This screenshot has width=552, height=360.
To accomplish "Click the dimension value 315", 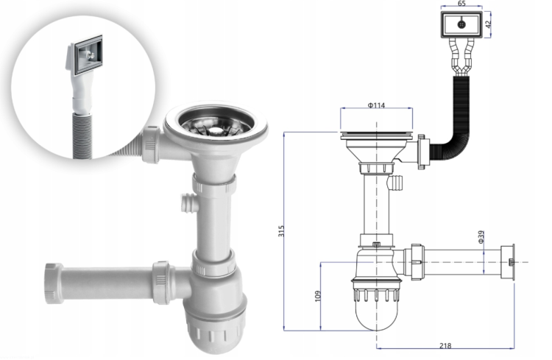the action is click(x=281, y=231).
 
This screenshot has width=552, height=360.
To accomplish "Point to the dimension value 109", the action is click(x=318, y=296).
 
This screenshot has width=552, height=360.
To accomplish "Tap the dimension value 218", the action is click(x=445, y=345).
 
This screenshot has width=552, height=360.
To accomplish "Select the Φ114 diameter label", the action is click(x=376, y=105).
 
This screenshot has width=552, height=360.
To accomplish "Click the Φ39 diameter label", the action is click(x=481, y=237).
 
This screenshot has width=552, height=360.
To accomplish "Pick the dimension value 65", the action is click(x=461, y=4).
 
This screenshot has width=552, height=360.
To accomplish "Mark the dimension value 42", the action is click(x=487, y=24).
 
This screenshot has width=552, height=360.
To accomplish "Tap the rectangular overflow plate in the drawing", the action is click(x=461, y=24).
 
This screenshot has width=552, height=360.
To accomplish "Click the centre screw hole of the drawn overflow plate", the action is click(x=462, y=24).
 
